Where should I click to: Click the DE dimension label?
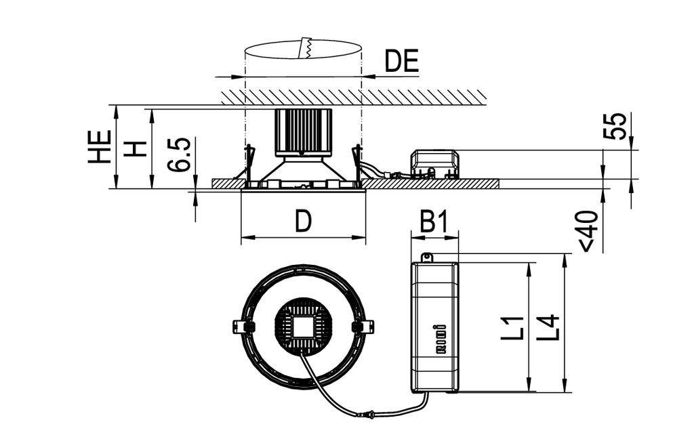click(x=402, y=61)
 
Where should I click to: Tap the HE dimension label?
click(x=100, y=147)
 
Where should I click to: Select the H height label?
click(x=137, y=147)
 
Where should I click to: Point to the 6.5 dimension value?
click(x=180, y=155)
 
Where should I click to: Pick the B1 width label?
click(x=434, y=221)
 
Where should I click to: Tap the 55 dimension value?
click(x=614, y=126)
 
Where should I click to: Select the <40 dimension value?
click(x=588, y=230)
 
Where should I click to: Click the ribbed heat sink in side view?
click(x=303, y=131)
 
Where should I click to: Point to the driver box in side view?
click(x=434, y=163)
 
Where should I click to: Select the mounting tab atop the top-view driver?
click(x=426, y=257)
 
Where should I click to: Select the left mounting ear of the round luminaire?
click(x=242, y=326)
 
